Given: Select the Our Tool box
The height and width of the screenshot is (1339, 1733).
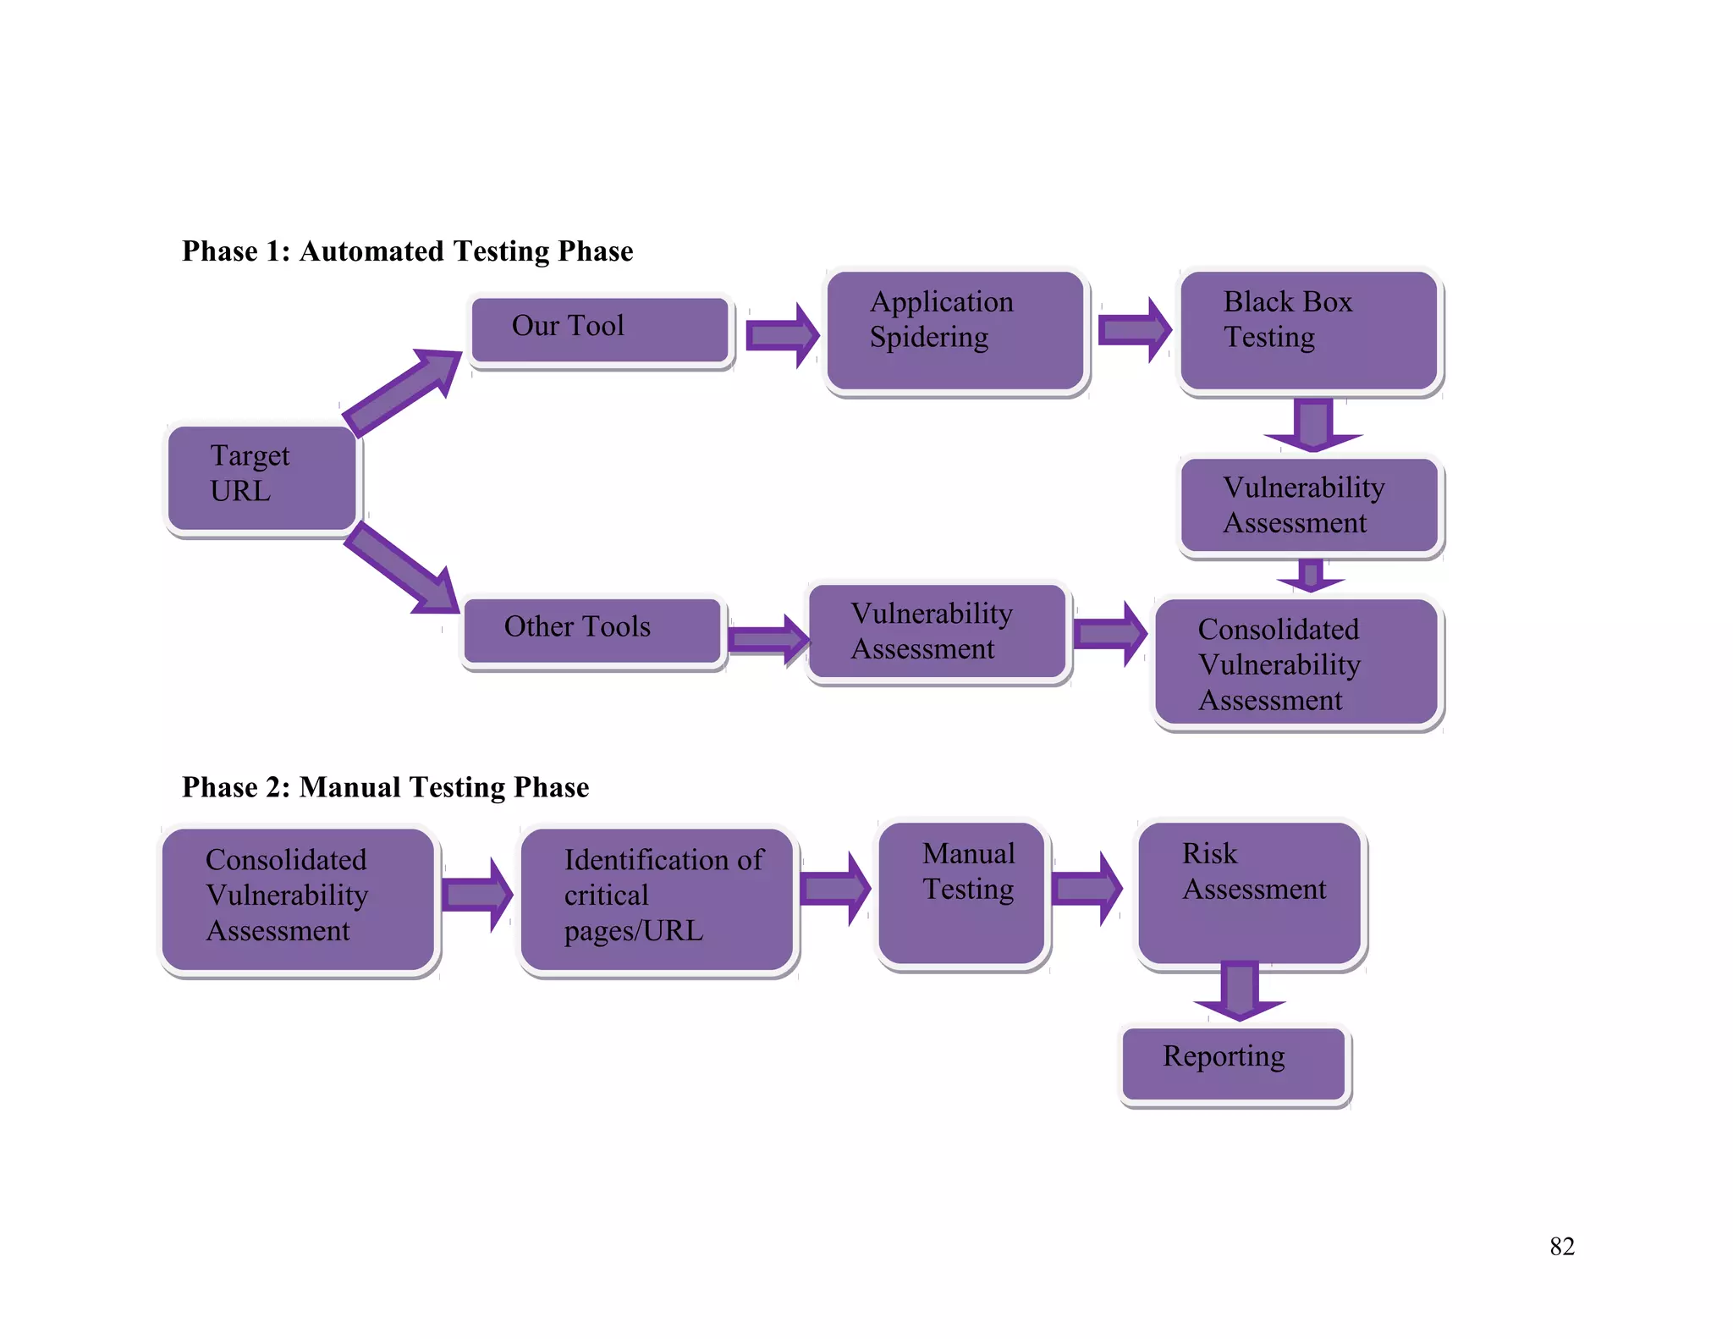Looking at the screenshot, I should tap(600, 329).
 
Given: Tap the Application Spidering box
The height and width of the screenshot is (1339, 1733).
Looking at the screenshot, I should tap(955, 331).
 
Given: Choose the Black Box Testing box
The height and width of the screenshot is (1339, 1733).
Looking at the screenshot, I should tap(1308, 331).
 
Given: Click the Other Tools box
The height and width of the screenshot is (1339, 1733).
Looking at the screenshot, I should tap(592, 631).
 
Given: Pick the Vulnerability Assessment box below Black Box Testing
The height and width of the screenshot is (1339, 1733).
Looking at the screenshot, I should tap(1308, 505).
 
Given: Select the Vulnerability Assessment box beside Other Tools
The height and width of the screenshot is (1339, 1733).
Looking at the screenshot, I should tap(937, 631).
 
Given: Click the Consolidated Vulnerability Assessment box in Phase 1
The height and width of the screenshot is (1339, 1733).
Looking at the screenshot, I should tap(1296, 663).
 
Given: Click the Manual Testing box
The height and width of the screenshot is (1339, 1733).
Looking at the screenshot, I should tap(962, 894).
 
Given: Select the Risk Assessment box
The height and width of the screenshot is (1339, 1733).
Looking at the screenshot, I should tap(1249, 894).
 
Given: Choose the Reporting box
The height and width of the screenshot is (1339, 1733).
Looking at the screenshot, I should tap(1234, 1063).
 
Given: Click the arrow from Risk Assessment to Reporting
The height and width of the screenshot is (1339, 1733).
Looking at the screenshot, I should tap(1240, 991).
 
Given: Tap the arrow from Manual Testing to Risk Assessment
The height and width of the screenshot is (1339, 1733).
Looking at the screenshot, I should tap(1087, 889).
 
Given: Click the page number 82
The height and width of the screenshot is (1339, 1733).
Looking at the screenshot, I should tap(1561, 1246).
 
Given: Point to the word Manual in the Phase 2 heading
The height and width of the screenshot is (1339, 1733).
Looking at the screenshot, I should tap(349, 787).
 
